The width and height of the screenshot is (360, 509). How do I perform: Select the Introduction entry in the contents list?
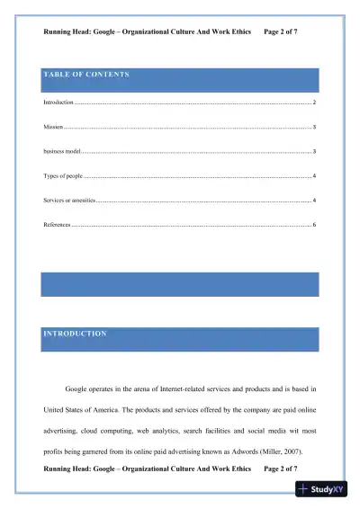pos(58,104)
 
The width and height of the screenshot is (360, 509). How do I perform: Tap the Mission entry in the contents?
pos(53,128)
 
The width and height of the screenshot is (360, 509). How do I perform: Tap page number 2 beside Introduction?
pos(314,104)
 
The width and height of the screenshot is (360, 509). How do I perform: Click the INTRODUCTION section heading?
pos(76,334)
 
